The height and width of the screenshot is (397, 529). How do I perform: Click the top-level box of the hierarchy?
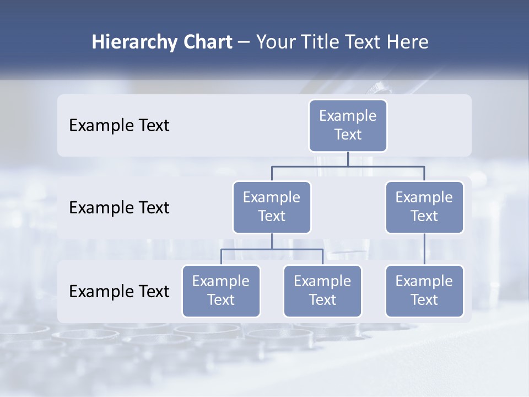pyautogui.click(x=348, y=125)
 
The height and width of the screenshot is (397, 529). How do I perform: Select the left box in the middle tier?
pyautogui.click(x=272, y=207)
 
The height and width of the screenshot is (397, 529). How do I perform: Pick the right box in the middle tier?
pyautogui.click(x=424, y=207)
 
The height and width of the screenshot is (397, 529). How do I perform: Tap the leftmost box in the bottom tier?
pyautogui.click(x=221, y=291)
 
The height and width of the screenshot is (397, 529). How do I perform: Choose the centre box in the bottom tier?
pyautogui.click(x=322, y=291)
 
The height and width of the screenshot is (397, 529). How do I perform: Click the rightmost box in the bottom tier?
pyautogui.click(x=424, y=291)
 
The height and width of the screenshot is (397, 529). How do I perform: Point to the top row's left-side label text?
pyautogui.click(x=119, y=126)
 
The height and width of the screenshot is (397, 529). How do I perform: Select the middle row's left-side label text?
pyautogui.click(x=119, y=208)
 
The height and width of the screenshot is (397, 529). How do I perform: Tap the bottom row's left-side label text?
pyautogui.click(x=119, y=291)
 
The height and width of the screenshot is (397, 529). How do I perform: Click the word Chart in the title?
pyautogui.click(x=206, y=42)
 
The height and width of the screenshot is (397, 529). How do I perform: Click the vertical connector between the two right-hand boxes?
pyautogui.click(x=424, y=249)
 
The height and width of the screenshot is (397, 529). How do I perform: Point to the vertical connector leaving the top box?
pyautogui.click(x=348, y=159)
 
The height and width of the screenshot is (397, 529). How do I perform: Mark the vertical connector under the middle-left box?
pyautogui.click(x=272, y=241)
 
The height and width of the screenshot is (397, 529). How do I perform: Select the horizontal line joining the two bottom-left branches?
pyautogui.click(x=272, y=249)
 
